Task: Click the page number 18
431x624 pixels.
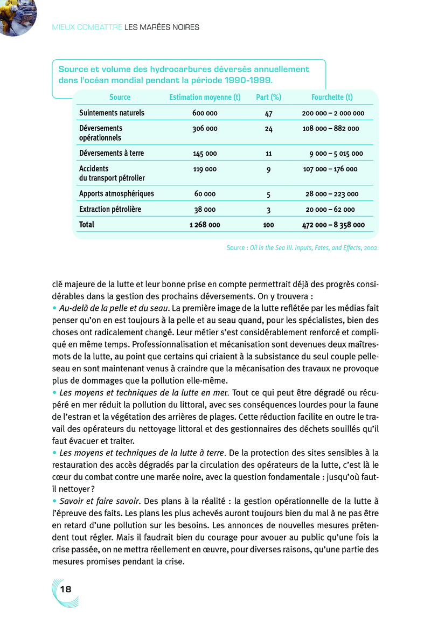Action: (66, 589)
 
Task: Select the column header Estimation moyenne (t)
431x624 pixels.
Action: (205, 98)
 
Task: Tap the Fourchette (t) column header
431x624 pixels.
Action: (332, 98)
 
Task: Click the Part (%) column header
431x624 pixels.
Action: (269, 98)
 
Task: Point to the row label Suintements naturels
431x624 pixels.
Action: (112, 113)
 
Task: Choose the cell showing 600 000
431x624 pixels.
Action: (205, 114)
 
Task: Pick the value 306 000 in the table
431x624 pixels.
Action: (205, 129)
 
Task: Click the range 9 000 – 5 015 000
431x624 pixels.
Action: (336, 154)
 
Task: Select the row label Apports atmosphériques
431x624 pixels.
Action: (116, 193)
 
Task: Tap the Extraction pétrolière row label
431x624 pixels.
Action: (110, 209)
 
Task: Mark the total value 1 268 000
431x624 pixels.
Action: (205, 225)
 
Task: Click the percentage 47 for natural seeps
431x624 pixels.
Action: (269, 114)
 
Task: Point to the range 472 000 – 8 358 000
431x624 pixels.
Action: (333, 225)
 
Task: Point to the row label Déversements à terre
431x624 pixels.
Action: (112, 153)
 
